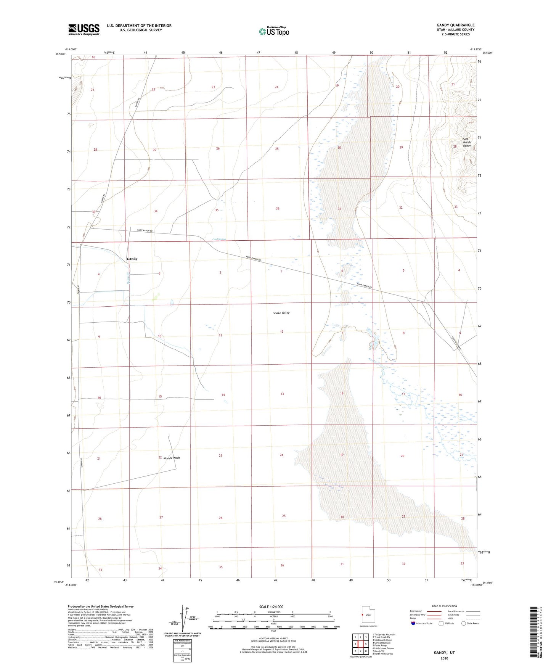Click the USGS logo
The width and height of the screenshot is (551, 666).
coord(84,29)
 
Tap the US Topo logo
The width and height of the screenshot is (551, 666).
coord(274,31)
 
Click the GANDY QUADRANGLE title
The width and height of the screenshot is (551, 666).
coord(455,25)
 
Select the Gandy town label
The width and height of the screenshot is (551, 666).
coord(132,259)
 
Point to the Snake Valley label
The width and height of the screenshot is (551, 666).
coord(281,313)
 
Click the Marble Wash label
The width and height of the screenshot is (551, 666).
coord(172,458)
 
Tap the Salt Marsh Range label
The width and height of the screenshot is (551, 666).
coord(467,142)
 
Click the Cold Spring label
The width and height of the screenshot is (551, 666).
coord(219,239)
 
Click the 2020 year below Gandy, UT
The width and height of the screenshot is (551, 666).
coord(444,658)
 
